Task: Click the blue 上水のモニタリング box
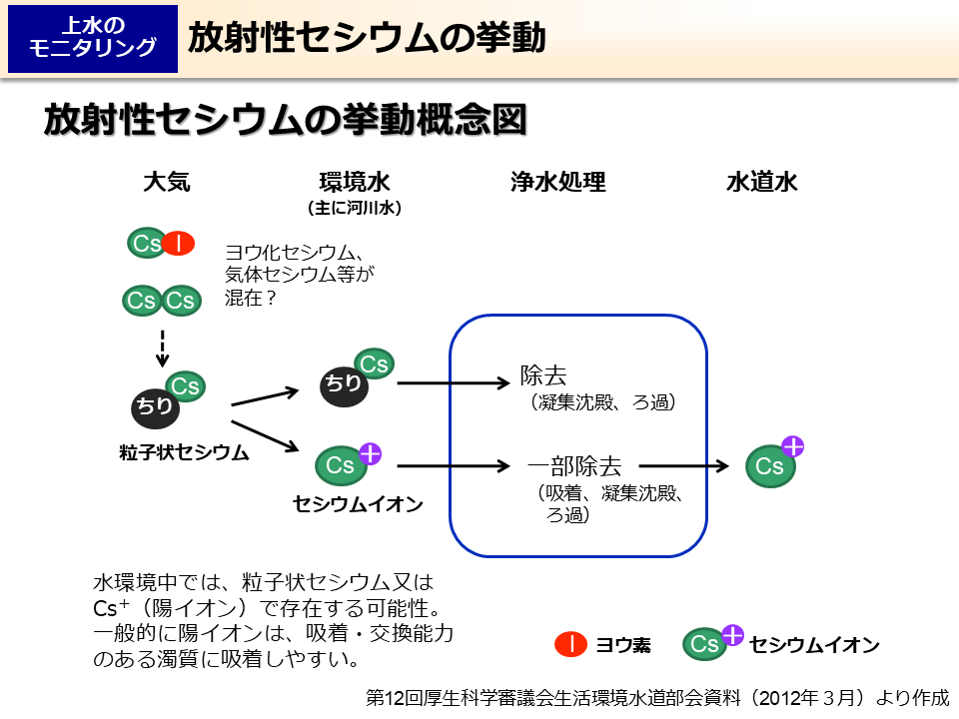click(93, 38)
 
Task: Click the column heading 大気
click(166, 182)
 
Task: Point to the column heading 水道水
click(761, 182)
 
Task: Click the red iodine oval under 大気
click(179, 243)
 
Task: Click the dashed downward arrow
click(163, 346)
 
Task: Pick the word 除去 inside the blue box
click(543, 375)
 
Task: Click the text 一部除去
click(574, 465)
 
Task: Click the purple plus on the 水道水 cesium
click(793, 446)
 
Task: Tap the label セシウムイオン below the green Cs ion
click(358, 504)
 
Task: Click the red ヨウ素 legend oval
click(570, 645)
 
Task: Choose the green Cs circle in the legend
click(705, 645)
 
